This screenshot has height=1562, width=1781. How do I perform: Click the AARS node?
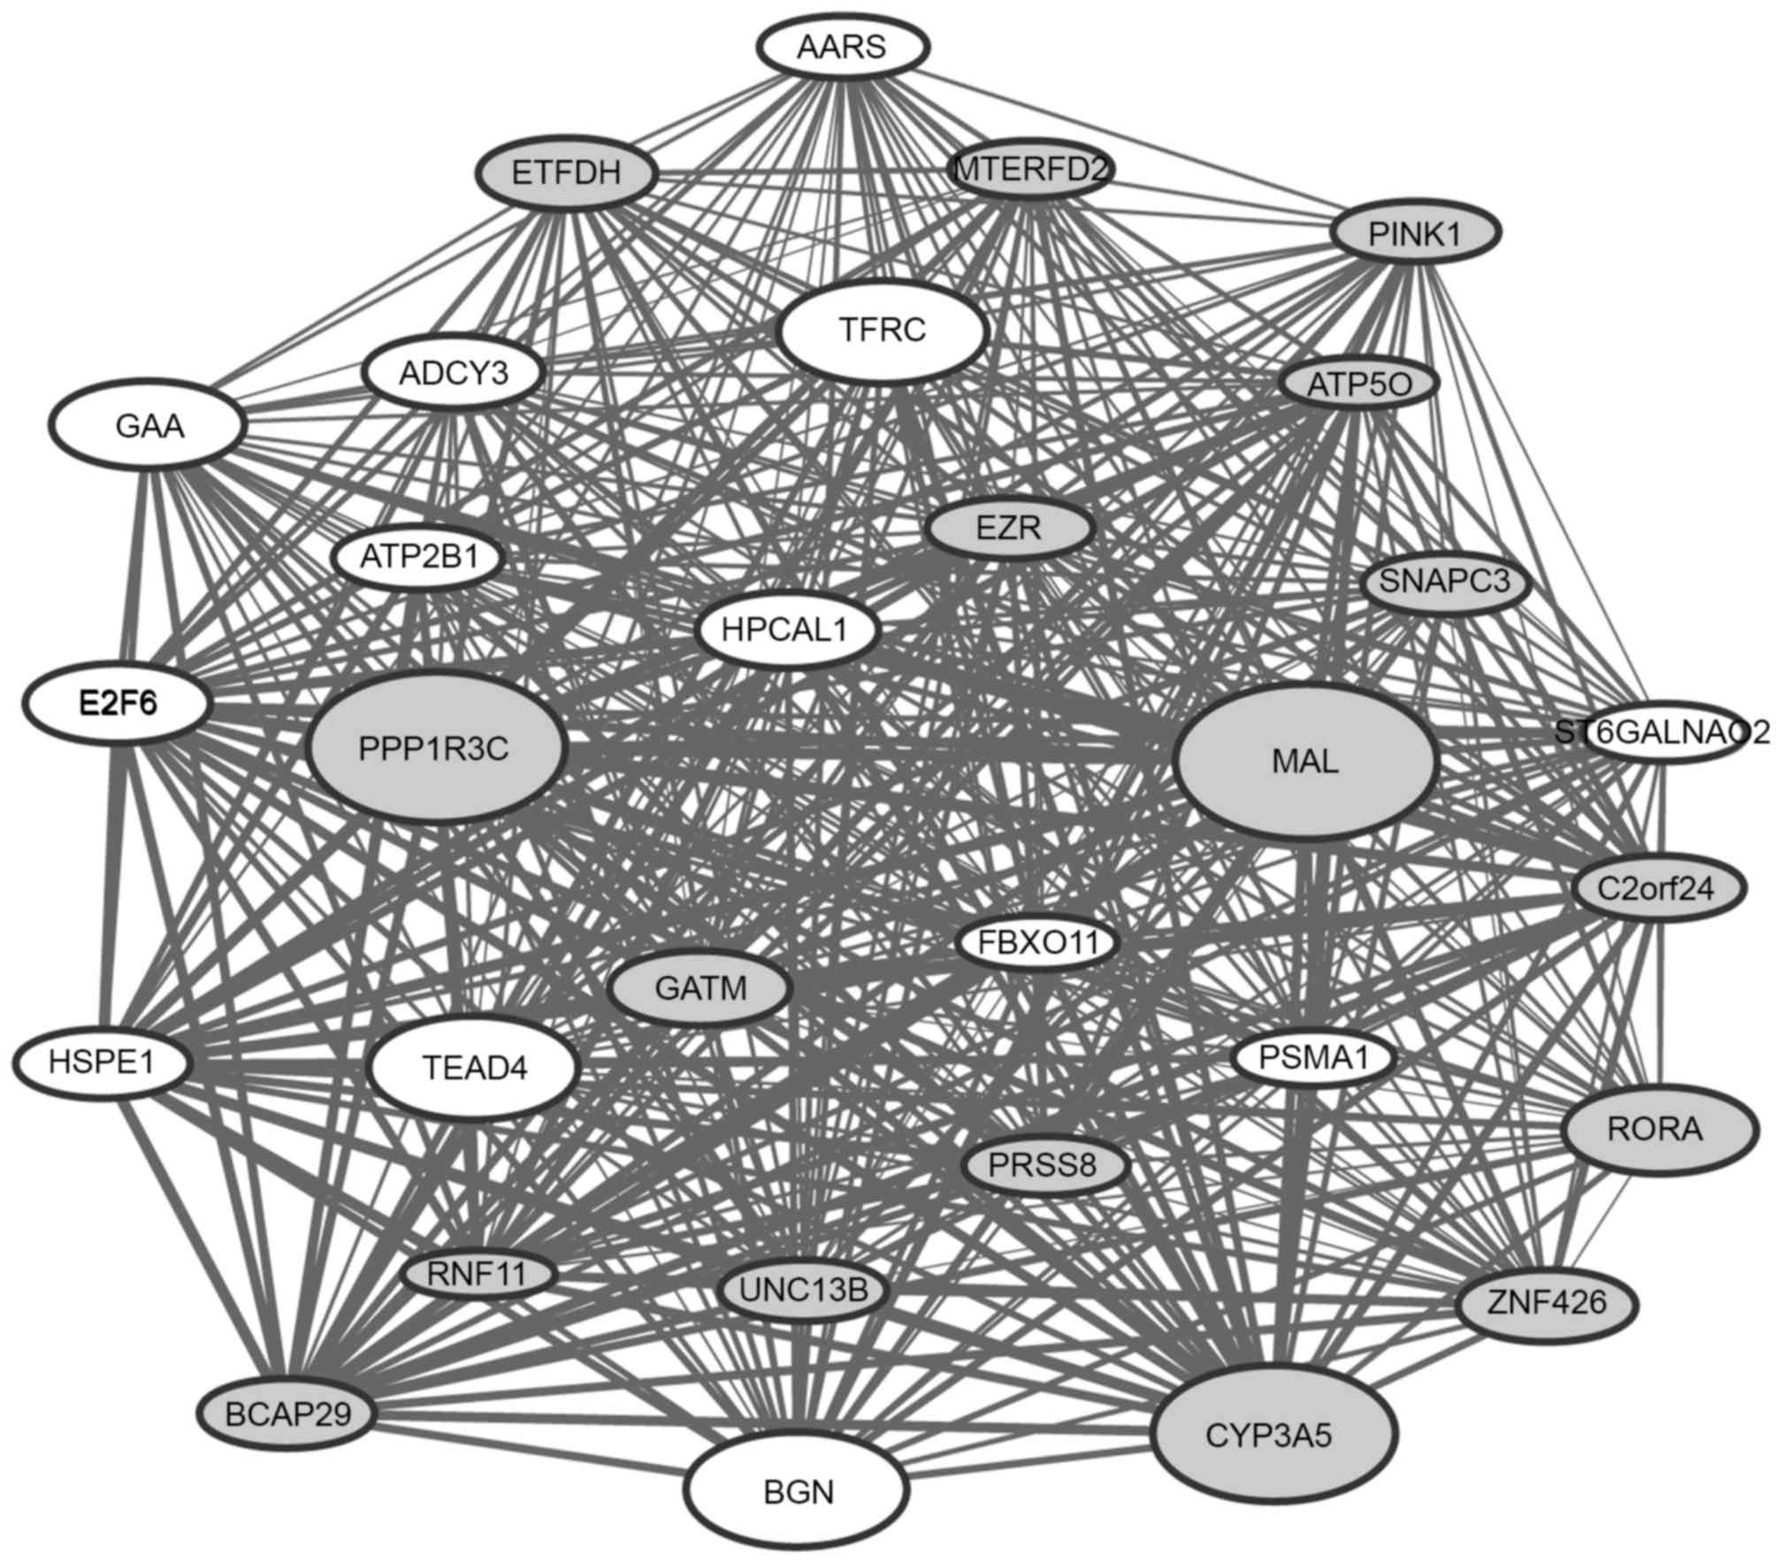click(842, 47)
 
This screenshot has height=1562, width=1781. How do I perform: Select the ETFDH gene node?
click(566, 172)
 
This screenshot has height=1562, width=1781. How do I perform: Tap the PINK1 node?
click(1415, 234)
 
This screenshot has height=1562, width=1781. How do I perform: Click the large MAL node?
click(1305, 761)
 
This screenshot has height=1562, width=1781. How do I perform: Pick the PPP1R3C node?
click(433, 749)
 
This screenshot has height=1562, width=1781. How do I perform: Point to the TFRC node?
click(882, 331)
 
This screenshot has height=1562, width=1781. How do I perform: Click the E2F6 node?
click(117, 705)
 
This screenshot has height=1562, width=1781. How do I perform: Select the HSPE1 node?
click(102, 1062)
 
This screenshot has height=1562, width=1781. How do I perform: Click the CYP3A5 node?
click(1273, 1436)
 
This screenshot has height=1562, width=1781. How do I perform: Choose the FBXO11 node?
click(1037, 942)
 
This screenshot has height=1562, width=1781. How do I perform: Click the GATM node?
click(700, 987)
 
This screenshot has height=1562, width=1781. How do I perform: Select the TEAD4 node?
click(475, 1067)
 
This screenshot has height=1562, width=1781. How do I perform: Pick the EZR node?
click(1009, 529)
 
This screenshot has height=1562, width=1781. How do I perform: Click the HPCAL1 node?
click(785, 630)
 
